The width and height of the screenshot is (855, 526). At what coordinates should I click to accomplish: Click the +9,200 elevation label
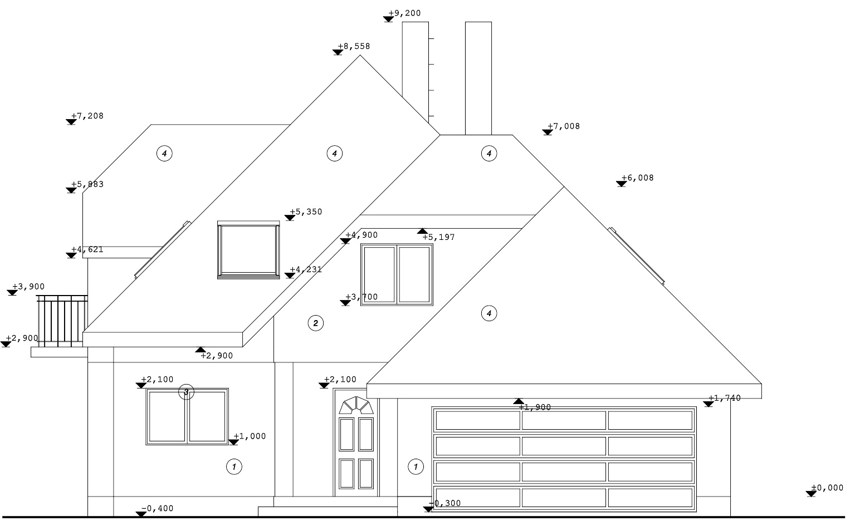(405, 13)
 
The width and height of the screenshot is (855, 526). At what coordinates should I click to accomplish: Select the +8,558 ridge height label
(354, 47)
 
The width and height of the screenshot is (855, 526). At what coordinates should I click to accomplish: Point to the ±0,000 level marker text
(827, 488)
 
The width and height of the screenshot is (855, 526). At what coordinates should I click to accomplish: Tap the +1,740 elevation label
(725, 399)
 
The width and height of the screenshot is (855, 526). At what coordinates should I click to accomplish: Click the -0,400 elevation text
(157, 509)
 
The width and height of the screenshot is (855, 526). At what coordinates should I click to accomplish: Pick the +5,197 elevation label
(438, 238)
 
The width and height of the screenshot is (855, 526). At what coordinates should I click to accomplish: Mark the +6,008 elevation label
(638, 178)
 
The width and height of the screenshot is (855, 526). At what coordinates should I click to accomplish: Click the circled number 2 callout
(316, 323)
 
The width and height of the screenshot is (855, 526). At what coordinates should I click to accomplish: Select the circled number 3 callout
(186, 392)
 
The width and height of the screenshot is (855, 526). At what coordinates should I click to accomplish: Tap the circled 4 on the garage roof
(489, 313)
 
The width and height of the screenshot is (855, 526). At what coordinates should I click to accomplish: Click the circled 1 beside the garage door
(416, 466)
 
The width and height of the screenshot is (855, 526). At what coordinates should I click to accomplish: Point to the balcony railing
(62, 321)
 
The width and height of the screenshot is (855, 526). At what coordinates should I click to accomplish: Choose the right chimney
(478, 78)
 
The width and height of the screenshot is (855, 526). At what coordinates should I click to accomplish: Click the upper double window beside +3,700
(397, 275)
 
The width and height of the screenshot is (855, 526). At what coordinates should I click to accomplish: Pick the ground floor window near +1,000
(187, 416)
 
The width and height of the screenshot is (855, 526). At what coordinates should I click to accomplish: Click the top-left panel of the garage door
(477, 420)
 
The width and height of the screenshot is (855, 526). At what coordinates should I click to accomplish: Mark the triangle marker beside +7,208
(71, 121)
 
